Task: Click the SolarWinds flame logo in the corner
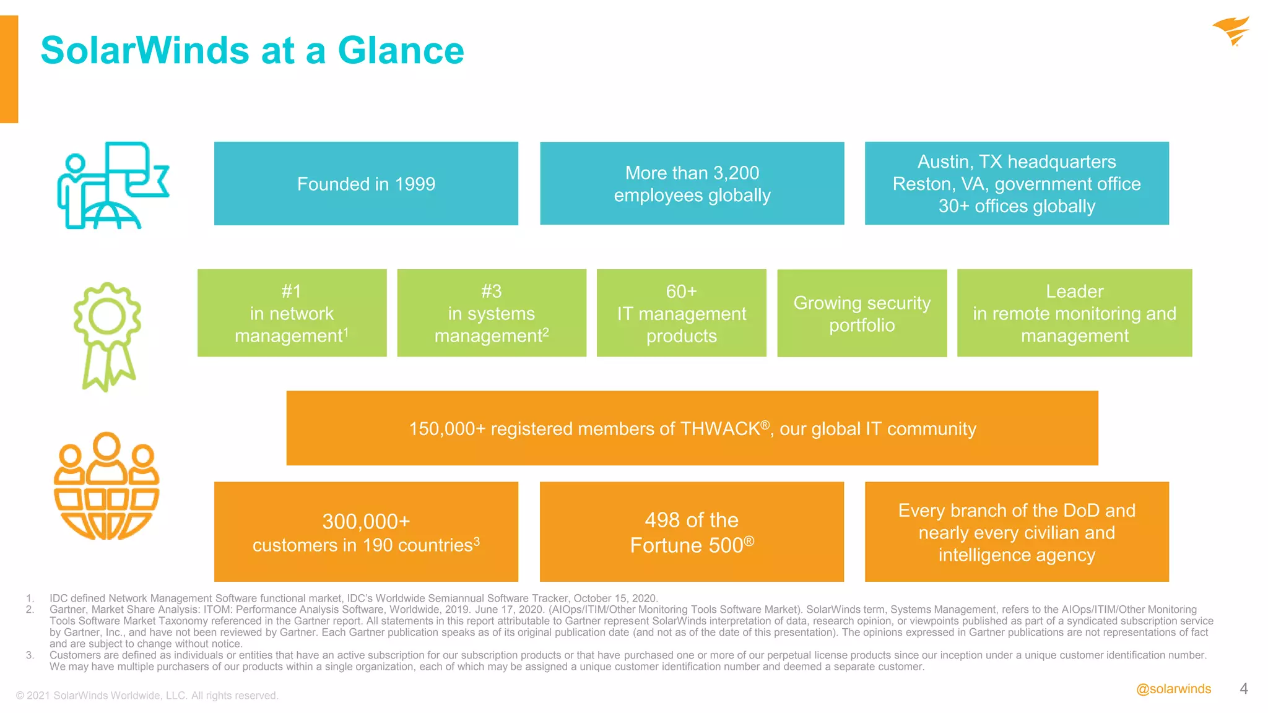coord(1231,30)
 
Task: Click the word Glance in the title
coord(401,51)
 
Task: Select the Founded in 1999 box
coord(366,184)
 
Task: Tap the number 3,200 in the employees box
coord(736,173)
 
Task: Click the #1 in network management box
coord(292,313)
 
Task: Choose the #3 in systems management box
coord(492,313)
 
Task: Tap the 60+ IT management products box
coord(681,313)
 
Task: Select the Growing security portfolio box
coord(862,313)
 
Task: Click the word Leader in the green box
coord(1074,292)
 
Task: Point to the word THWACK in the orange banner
coord(719,429)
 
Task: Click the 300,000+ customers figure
coord(366,522)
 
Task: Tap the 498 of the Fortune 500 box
coord(692,532)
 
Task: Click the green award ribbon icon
coord(107,335)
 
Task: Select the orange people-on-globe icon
coord(106,486)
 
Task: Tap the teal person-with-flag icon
coord(112,186)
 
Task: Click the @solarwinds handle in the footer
coord(1173,689)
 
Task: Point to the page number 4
coord(1243,689)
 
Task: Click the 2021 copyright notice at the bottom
coord(147,696)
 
